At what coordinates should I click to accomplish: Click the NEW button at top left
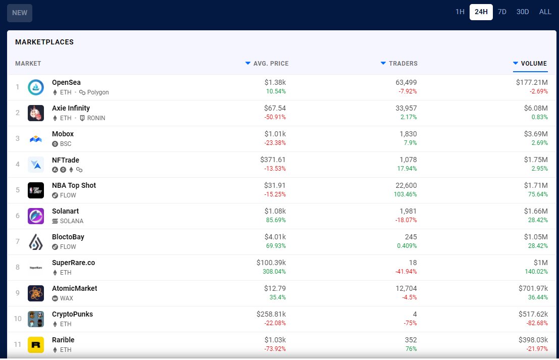[x=20, y=13]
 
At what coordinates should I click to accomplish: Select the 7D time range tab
[x=502, y=12]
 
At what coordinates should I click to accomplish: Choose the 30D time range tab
[x=522, y=12]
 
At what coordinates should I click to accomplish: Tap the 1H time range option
[x=460, y=12]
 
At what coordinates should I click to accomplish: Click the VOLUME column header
[x=533, y=64]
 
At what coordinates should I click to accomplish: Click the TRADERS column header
[x=402, y=64]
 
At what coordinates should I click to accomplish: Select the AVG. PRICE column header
[x=271, y=64]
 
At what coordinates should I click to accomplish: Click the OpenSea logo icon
[x=36, y=87]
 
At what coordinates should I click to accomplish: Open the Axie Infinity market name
[x=71, y=108]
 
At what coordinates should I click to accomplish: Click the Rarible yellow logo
[x=36, y=345]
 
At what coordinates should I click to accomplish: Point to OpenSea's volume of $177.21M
[x=532, y=82]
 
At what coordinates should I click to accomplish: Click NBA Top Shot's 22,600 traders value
[x=405, y=185]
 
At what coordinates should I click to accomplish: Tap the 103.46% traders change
[x=405, y=194]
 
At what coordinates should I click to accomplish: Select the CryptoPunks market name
[x=72, y=314]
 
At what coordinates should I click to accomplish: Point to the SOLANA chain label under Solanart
[x=71, y=221]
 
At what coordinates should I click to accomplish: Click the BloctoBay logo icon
[x=36, y=242]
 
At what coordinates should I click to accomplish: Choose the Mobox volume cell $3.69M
[x=535, y=134]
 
